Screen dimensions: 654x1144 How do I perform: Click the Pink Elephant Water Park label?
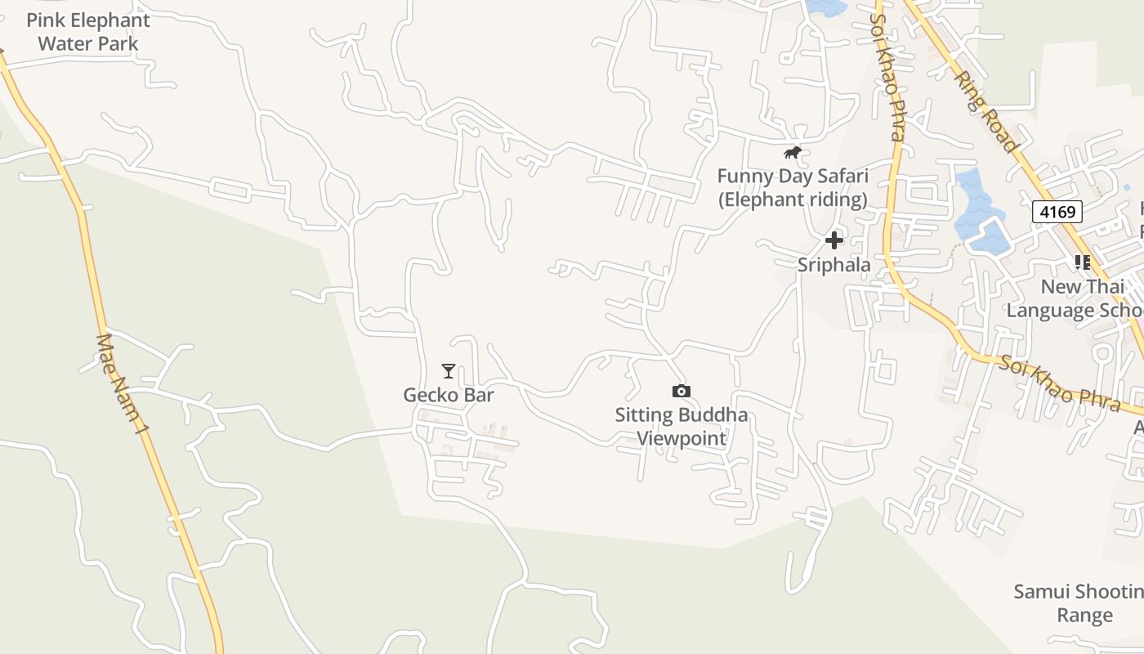pos(88,32)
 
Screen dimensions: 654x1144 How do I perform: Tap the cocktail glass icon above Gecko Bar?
pos(448,371)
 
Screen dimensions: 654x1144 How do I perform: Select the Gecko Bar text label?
pos(449,395)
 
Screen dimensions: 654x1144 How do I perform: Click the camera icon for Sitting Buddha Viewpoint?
pos(681,392)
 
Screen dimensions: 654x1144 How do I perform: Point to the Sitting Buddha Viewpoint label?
pos(681,426)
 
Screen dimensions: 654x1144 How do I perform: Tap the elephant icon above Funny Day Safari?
pos(792,153)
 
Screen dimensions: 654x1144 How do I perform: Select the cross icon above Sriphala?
pos(833,240)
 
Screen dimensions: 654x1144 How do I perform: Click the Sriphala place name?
pos(833,265)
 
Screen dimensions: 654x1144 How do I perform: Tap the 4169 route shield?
pos(1057,213)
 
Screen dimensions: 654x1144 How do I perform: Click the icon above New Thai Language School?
pos(1083,262)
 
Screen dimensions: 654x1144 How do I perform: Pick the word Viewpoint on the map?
pos(681,438)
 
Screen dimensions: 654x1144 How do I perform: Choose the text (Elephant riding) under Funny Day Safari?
pos(792,199)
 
